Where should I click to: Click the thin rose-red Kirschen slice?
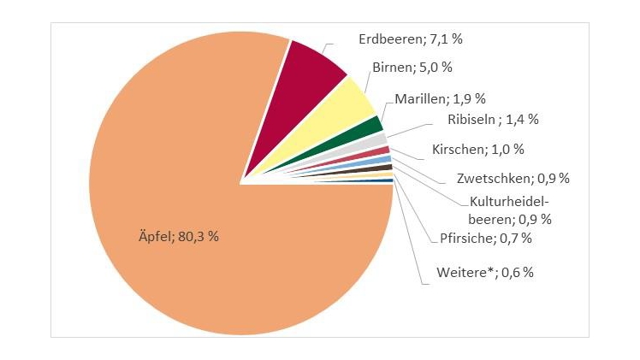[382, 150]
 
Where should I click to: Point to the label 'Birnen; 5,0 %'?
[412, 67]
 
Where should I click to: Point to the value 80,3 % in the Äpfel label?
[199, 235]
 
